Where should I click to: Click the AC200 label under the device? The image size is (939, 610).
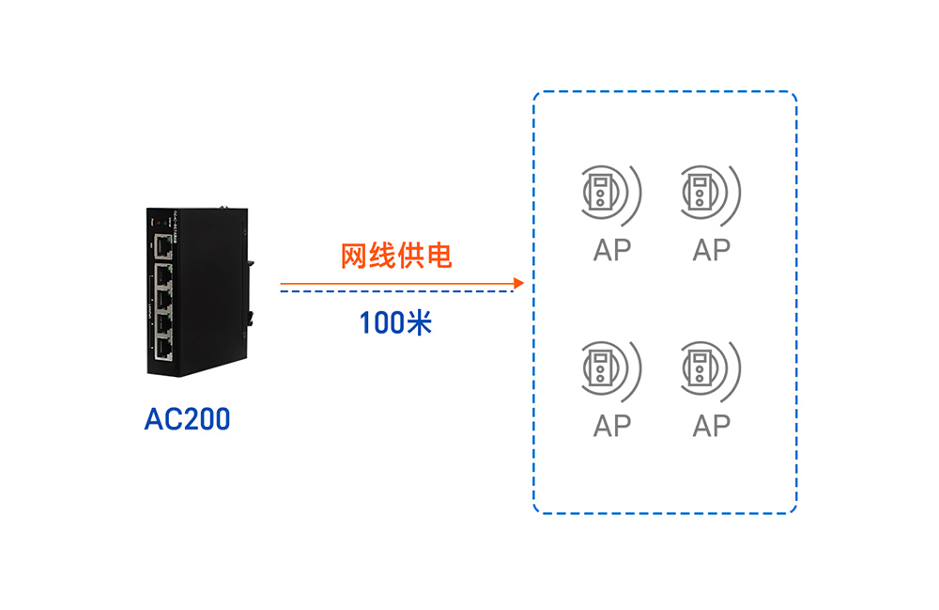187,419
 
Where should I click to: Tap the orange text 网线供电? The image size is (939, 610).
395,256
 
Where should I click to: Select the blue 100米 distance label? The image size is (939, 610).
395,323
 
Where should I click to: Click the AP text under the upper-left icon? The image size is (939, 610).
611,250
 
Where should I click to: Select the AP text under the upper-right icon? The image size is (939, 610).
711,250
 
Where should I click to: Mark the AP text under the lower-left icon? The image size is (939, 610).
611,426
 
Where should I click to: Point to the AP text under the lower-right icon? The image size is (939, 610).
711,426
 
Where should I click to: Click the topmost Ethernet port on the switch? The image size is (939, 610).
164,247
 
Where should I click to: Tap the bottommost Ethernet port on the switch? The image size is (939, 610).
164,349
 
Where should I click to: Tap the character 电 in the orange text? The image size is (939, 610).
438,256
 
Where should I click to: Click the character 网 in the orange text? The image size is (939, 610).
353,256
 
